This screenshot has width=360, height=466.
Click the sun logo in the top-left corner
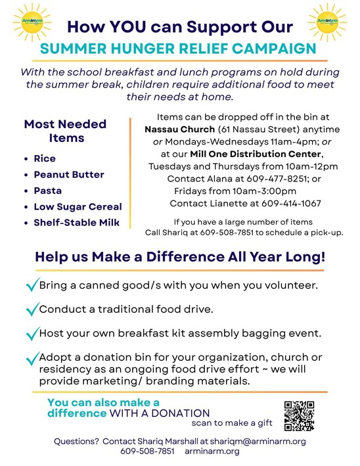tap(27, 22)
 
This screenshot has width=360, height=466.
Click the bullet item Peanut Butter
tap(69, 174)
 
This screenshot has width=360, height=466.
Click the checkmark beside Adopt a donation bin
tap(31, 359)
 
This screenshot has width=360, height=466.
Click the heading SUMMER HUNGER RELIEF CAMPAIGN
tap(177, 48)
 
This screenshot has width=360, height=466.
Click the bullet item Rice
tap(45, 158)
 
